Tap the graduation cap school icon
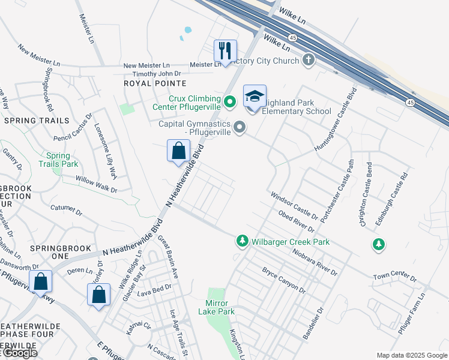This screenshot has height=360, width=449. pyautogui.click(x=255, y=96)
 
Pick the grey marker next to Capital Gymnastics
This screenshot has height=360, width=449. pyautogui.click(x=240, y=127)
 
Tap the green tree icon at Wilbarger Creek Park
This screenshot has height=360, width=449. pyautogui.click(x=242, y=241)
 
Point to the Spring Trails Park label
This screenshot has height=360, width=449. pyautogui.click(x=59, y=159)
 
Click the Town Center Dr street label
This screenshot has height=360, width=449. pyautogui.click(x=394, y=277)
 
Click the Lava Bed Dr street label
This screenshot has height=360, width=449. pyautogui.click(x=154, y=290)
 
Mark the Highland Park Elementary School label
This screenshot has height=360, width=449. pyautogui.click(x=298, y=107)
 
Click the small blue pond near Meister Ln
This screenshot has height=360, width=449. pyautogui.click(x=188, y=29)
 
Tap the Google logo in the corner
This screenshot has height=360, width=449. pyautogui.click(x=19, y=353)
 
